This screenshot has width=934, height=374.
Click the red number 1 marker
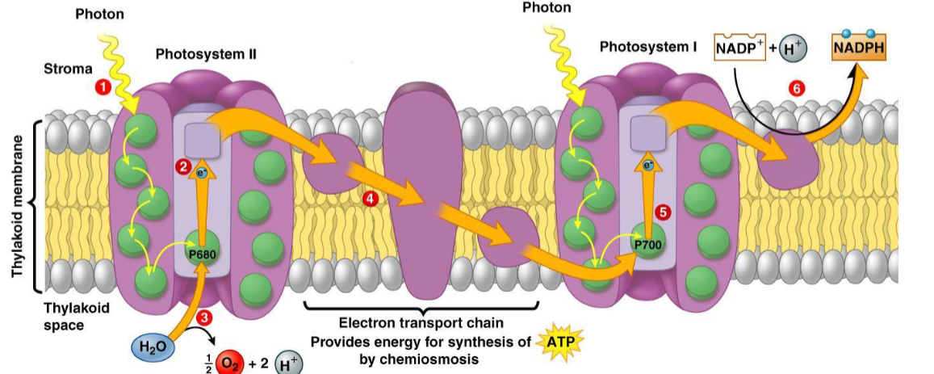point(103,86)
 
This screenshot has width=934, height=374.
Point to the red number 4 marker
point(370,198)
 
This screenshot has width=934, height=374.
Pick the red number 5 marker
point(663,212)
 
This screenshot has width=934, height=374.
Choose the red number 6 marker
point(796,89)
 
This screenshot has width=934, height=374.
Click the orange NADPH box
point(858,47)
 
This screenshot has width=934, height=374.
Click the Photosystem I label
point(647,47)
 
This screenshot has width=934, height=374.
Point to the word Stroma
point(68,69)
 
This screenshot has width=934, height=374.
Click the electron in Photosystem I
point(648,166)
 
